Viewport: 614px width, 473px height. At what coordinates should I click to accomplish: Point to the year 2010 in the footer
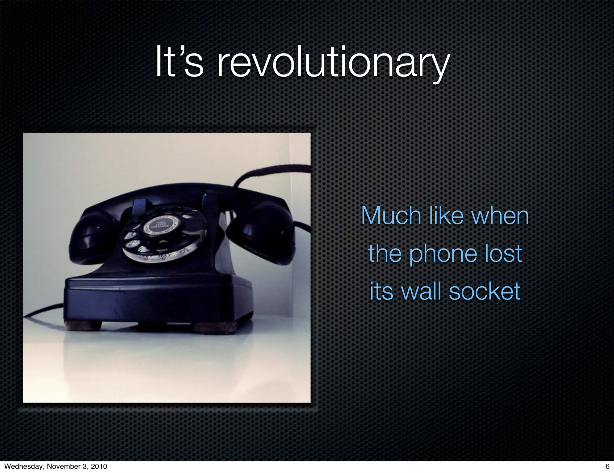click(99, 466)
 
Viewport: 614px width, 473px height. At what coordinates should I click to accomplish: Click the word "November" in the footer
click(63, 466)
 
